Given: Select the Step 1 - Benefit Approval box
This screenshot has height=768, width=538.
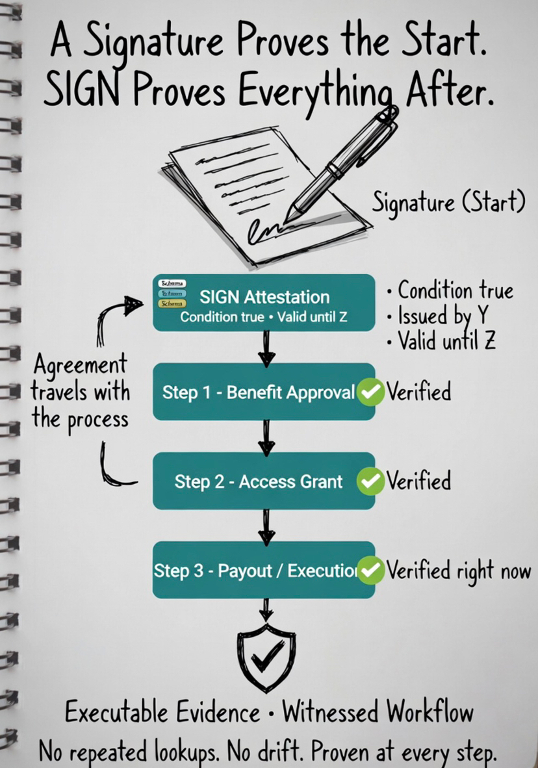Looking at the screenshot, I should pyautogui.click(x=258, y=392).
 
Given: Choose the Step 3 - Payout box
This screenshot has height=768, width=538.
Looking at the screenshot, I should pyautogui.click(x=258, y=570).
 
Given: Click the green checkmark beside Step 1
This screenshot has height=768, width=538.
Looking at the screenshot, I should pyautogui.click(x=371, y=392).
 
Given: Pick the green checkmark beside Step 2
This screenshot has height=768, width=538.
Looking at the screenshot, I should pyautogui.click(x=371, y=481).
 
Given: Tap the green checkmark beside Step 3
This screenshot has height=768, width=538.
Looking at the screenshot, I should pyautogui.click(x=371, y=570).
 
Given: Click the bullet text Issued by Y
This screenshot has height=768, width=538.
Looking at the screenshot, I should pyautogui.click(x=439, y=316).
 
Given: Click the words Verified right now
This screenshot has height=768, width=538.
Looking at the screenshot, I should pyautogui.click(x=459, y=570).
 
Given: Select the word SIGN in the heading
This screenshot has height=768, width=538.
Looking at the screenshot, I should pyautogui.click(x=70, y=92).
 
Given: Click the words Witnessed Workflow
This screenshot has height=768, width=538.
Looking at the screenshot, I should pyautogui.click(x=379, y=713).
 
